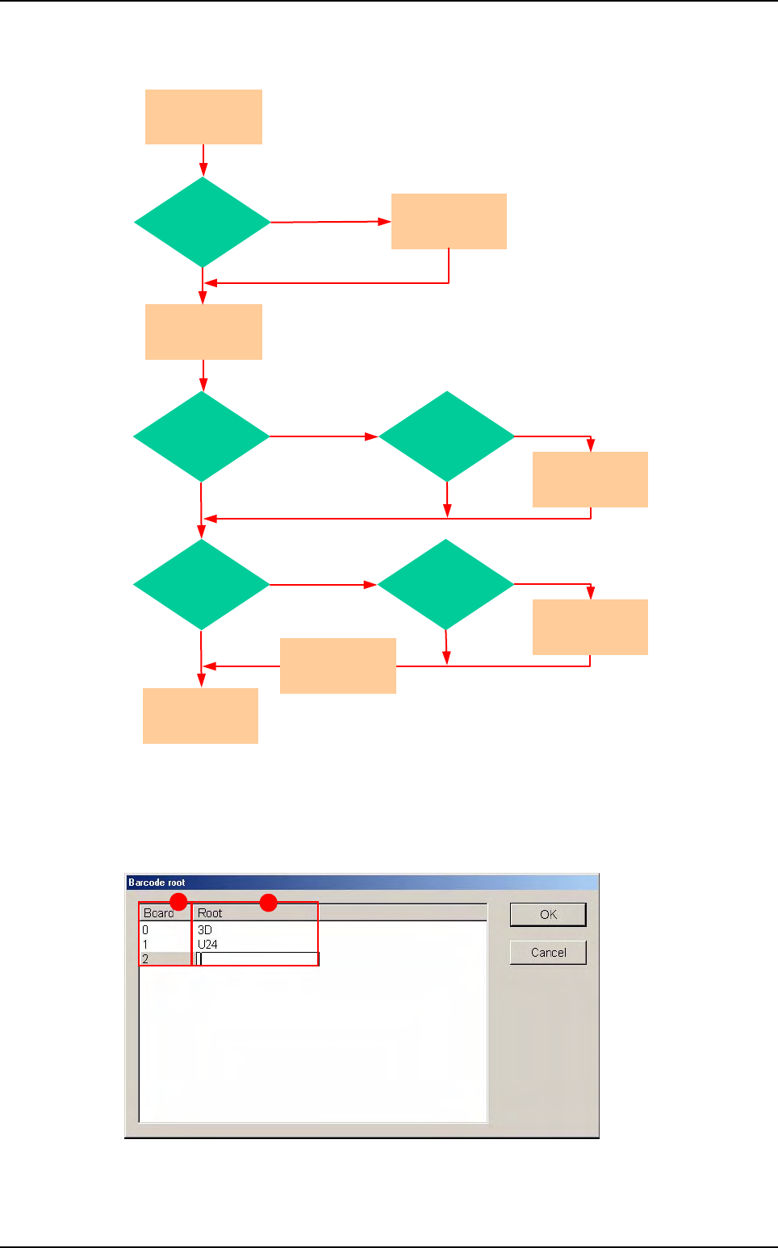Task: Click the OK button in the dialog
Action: point(548,914)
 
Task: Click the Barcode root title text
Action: point(157,883)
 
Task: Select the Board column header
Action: point(158,913)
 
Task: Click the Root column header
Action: point(210,913)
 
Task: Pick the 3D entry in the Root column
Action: point(205,930)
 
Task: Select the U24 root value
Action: point(207,944)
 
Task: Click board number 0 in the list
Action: point(145,930)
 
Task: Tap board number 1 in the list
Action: point(145,944)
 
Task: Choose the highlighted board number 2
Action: point(146,959)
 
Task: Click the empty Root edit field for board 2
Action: point(258,959)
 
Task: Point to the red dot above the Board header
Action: point(179,902)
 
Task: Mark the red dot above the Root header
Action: point(269,903)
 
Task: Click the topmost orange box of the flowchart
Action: point(203,117)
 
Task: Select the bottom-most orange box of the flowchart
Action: point(200,716)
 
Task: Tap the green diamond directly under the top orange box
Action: point(203,222)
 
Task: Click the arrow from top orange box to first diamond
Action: point(203,160)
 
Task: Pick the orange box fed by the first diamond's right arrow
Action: point(449,221)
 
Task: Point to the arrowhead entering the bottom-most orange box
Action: point(201,681)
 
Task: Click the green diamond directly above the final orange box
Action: point(201,584)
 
